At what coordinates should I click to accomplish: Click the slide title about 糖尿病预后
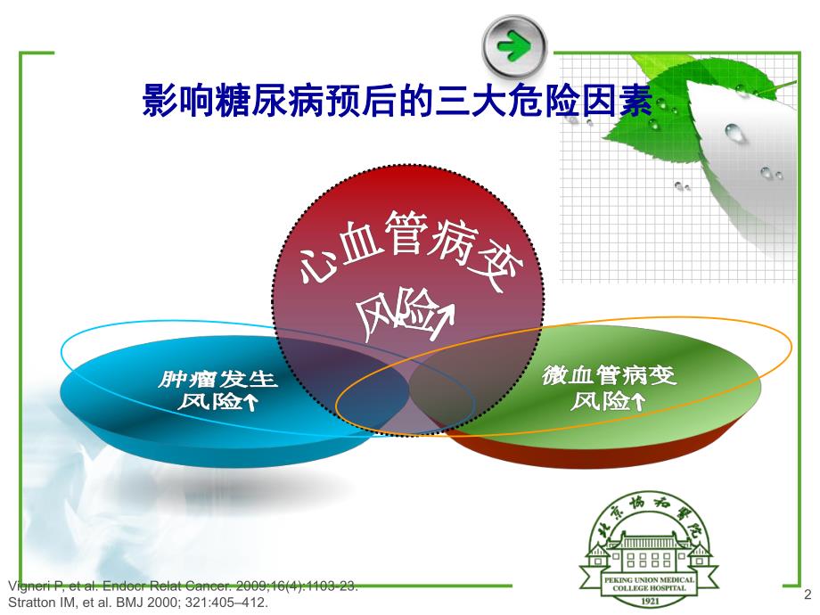coord(398,100)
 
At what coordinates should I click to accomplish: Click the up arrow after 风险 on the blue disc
coord(250,403)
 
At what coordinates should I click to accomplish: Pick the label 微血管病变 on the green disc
coord(610,376)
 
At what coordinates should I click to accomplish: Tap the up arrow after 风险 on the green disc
coord(638,402)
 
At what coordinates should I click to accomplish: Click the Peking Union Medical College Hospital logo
coord(649,553)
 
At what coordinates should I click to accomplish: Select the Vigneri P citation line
coord(183,586)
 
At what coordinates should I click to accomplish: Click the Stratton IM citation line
coord(137,602)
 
